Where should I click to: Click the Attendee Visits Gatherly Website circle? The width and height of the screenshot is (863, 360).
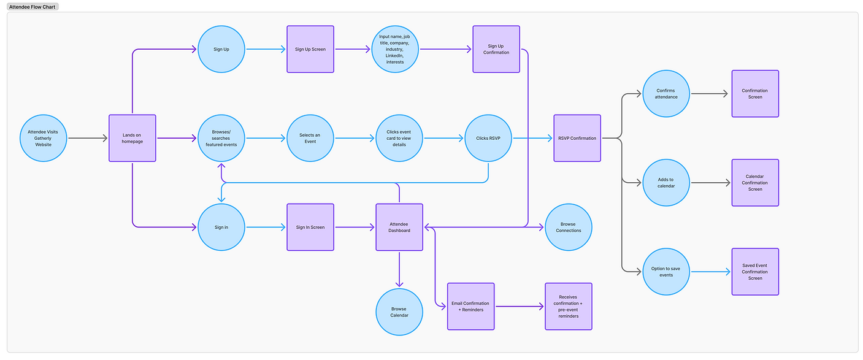[43, 138]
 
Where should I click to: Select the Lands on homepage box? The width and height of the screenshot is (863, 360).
[132, 138]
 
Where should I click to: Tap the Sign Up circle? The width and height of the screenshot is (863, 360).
[221, 49]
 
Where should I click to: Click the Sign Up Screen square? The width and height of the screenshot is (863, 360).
[310, 49]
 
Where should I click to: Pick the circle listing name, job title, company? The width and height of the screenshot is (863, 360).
[395, 49]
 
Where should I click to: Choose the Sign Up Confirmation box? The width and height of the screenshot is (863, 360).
[496, 49]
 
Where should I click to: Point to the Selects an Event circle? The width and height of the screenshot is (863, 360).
[310, 138]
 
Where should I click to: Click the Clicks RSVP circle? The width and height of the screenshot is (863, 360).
[488, 138]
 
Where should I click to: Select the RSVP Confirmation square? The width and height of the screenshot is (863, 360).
[577, 138]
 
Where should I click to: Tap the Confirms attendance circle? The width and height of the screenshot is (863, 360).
[666, 94]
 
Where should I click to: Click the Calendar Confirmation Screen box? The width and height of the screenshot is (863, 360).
[755, 183]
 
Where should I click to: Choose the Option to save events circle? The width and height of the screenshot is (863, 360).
[666, 272]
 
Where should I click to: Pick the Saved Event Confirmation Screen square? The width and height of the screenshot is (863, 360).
[755, 272]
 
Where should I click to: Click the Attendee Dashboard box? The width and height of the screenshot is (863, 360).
[399, 227]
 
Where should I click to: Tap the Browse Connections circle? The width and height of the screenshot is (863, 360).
[569, 227]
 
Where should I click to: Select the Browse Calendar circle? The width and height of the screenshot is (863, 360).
[399, 312]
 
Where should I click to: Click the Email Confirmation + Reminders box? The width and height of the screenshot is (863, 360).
[470, 306]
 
